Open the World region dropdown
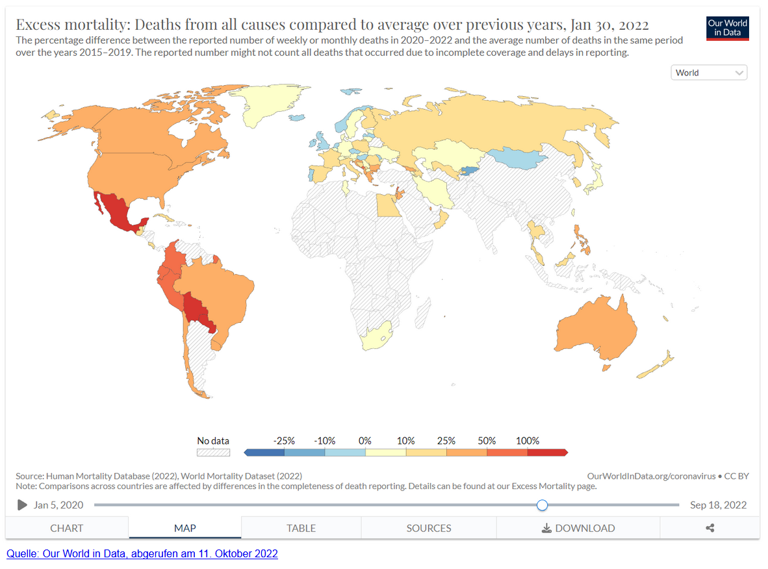pos(709,73)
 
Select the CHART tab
pos(67,527)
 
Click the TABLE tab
pos(301,527)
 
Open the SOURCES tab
pos(429,527)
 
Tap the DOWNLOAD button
pos(578,527)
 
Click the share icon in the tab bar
pos(710,527)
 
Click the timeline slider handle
pos(543,505)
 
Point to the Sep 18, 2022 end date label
pos(718,505)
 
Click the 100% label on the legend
pos(528,440)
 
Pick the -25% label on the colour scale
pos(284,440)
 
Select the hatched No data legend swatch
pos(213,451)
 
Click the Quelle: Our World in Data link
pos(142,553)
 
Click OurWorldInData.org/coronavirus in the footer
pos(650,476)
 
